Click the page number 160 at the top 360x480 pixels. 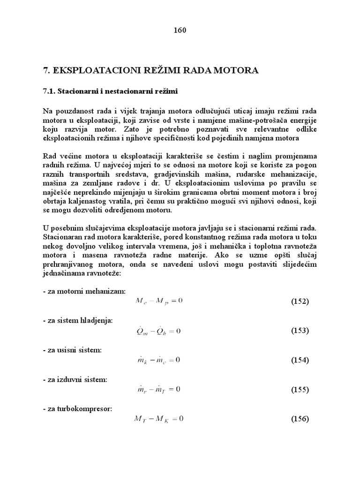pos(180,30)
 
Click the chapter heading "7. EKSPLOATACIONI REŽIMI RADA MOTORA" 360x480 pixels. pos(150,71)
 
